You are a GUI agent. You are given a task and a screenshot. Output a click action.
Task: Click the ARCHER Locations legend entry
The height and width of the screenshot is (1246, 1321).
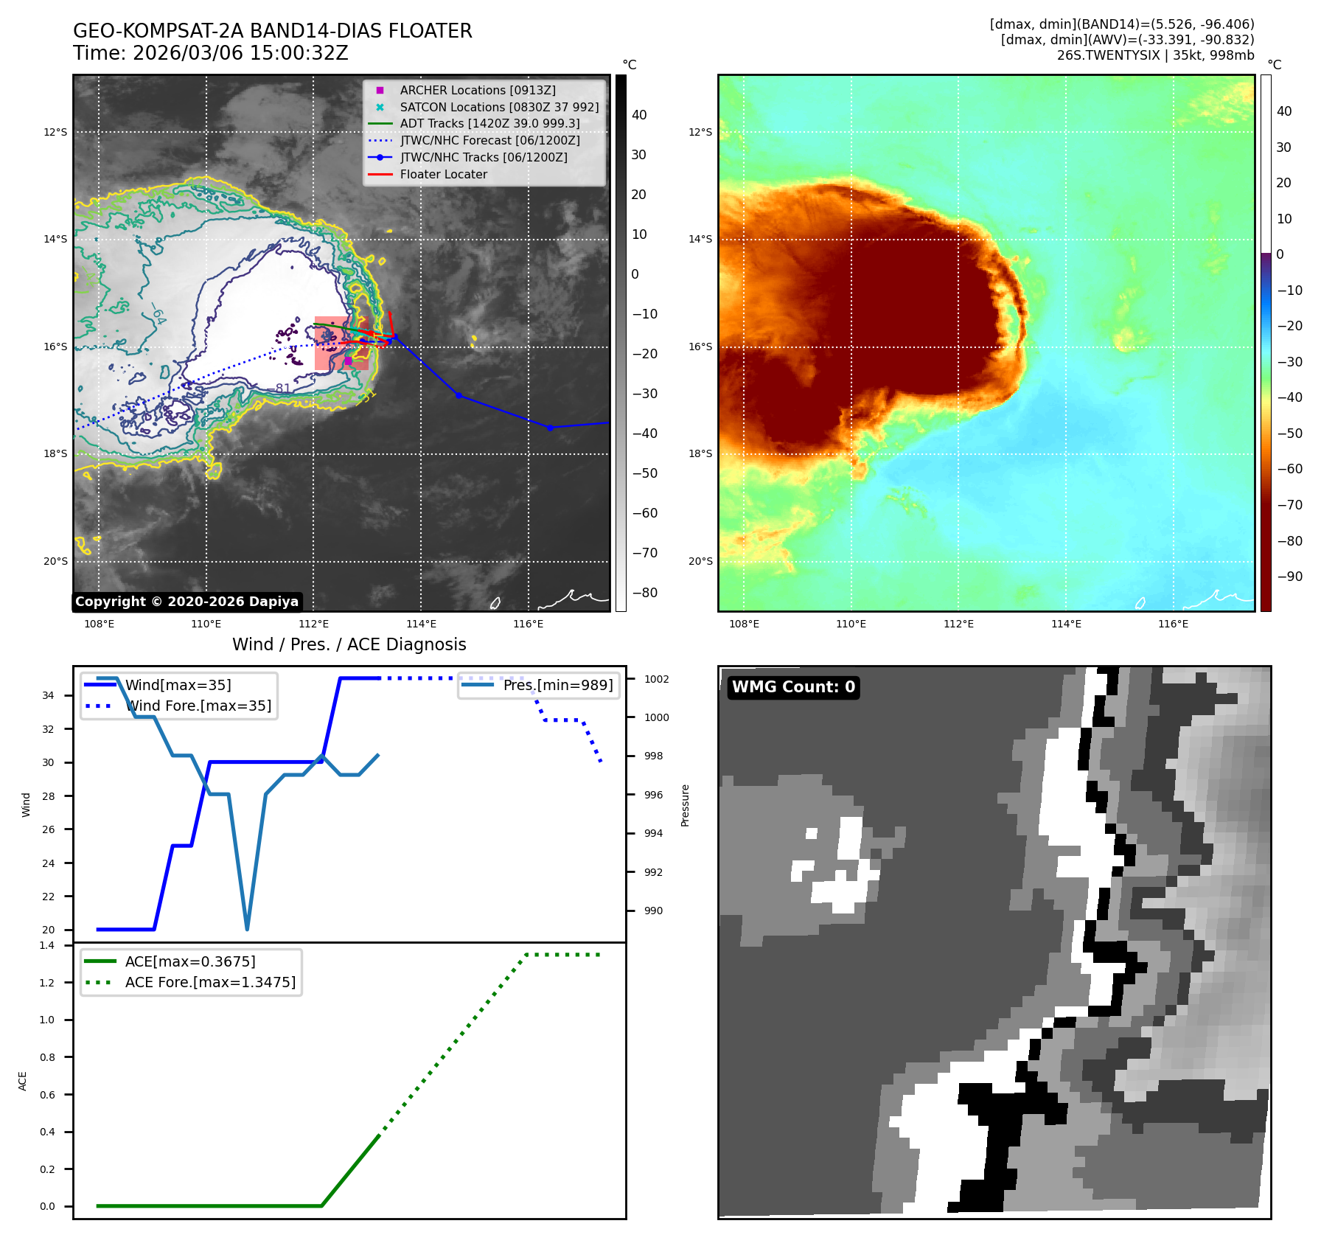click(x=478, y=90)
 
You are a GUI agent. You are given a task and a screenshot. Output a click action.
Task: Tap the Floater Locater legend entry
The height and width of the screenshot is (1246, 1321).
click(x=443, y=175)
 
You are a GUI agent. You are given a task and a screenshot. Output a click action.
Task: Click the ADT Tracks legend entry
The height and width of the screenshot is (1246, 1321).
click(x=489, y=124)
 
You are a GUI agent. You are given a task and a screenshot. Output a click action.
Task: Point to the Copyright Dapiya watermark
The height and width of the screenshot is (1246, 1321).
click(x=187, y=602)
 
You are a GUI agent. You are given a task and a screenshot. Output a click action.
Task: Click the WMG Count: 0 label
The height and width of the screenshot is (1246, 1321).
click(x=793, y=687)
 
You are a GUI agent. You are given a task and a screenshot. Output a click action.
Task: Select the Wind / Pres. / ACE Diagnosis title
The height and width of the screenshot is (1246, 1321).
click(x=349, y=644)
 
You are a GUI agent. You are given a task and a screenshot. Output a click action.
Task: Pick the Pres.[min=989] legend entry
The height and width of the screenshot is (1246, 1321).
click(x=557, y=685)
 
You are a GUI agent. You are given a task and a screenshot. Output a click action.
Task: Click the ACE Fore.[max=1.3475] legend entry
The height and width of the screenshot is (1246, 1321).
click(x=210, y=982)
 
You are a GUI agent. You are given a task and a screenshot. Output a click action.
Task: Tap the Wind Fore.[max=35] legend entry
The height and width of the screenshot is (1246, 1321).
click(x=198, y=706)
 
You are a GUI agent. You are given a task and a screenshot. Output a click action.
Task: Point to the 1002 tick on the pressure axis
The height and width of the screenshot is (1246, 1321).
click(x=656, y=679)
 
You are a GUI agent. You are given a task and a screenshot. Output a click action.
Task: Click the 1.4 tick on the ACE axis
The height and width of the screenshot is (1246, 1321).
click(x=47, y=945)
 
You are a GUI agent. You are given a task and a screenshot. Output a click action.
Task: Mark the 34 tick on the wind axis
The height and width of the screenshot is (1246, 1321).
click(x=48, y=695)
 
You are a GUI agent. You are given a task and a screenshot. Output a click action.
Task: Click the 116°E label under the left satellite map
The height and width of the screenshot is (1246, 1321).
click(x=528, y=624)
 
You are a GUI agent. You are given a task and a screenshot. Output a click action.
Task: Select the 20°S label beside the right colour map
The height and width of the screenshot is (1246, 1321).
click(x=700, y=561)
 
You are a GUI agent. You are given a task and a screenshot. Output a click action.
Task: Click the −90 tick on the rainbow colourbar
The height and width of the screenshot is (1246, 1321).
click(x=1289, y=577)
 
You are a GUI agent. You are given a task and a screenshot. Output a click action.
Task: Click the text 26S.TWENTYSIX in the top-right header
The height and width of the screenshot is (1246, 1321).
click(x=1108, y=55)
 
